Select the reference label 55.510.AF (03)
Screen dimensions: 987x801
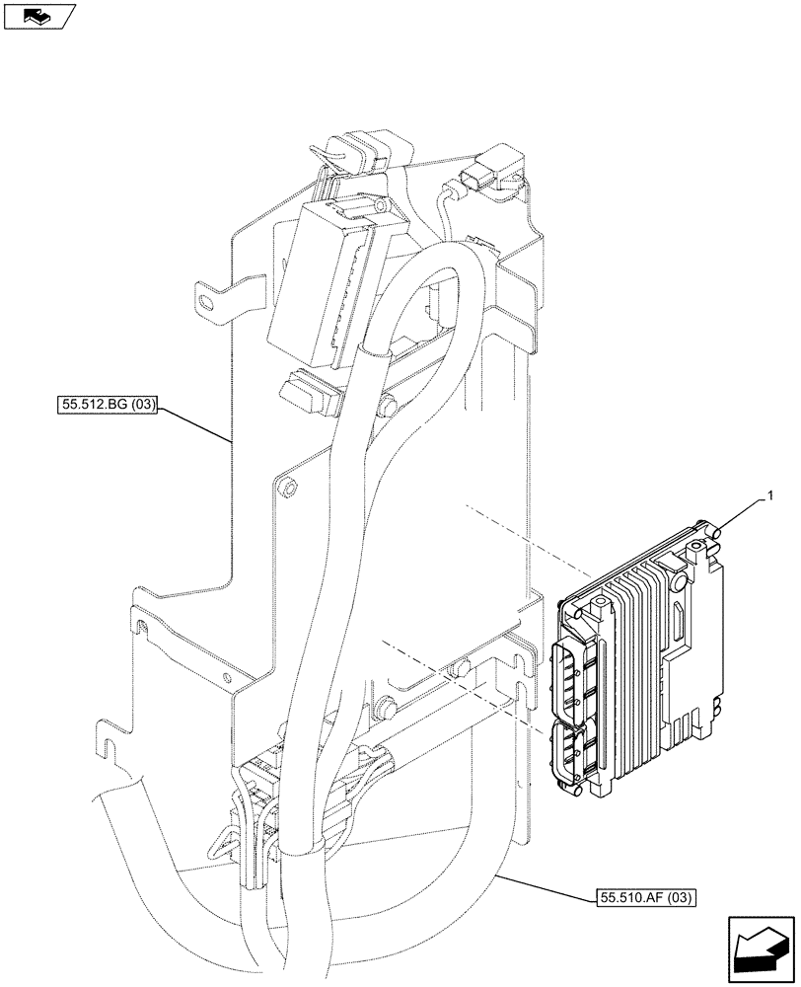(x=646, y=897)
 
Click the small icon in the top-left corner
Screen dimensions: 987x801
(x=39, y=15)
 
